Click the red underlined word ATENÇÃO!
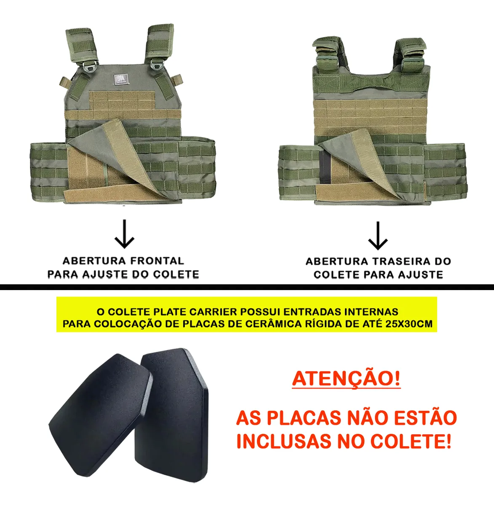tap(346, 379)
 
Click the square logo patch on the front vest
tap(122, 79)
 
